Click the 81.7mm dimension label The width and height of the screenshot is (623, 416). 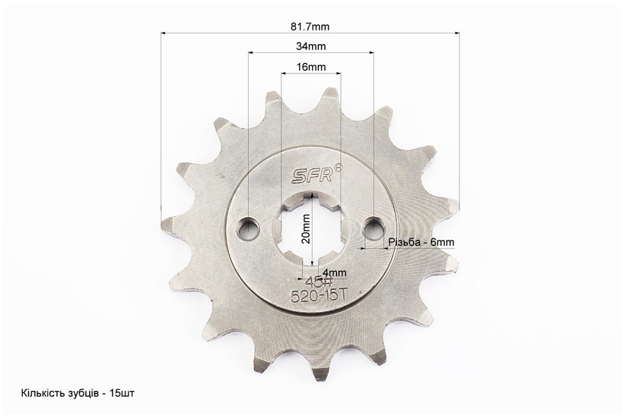(x=310, y=27)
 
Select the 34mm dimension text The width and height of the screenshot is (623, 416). (x=311, y=47)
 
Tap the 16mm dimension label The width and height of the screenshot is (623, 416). (x=311, y=67)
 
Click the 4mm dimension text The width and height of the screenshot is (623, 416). (x=334, y=273)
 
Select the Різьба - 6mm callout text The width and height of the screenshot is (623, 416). (x=421, y=242)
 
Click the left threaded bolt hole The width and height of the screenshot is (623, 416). (x=249, y=229)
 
